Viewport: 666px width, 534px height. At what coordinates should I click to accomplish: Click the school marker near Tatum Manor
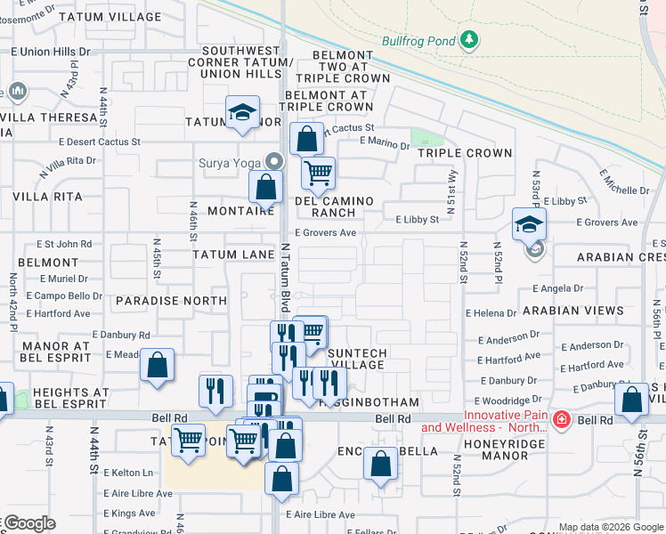point(240,112)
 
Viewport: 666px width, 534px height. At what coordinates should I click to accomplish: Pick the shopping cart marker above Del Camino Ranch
point(318,172)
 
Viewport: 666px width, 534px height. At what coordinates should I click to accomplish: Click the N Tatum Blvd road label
point(286,277)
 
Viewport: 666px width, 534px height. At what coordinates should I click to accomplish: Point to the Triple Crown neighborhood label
point(465,153)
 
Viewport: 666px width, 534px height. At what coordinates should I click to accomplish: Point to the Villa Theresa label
point(49,117)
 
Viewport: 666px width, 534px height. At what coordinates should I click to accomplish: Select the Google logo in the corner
point(28,523)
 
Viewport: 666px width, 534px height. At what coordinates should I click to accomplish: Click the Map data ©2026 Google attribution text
point(610,527)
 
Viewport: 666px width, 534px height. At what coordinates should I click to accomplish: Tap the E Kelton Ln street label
point(129,473)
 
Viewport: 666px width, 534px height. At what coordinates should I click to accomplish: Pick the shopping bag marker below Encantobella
point(380,464)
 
